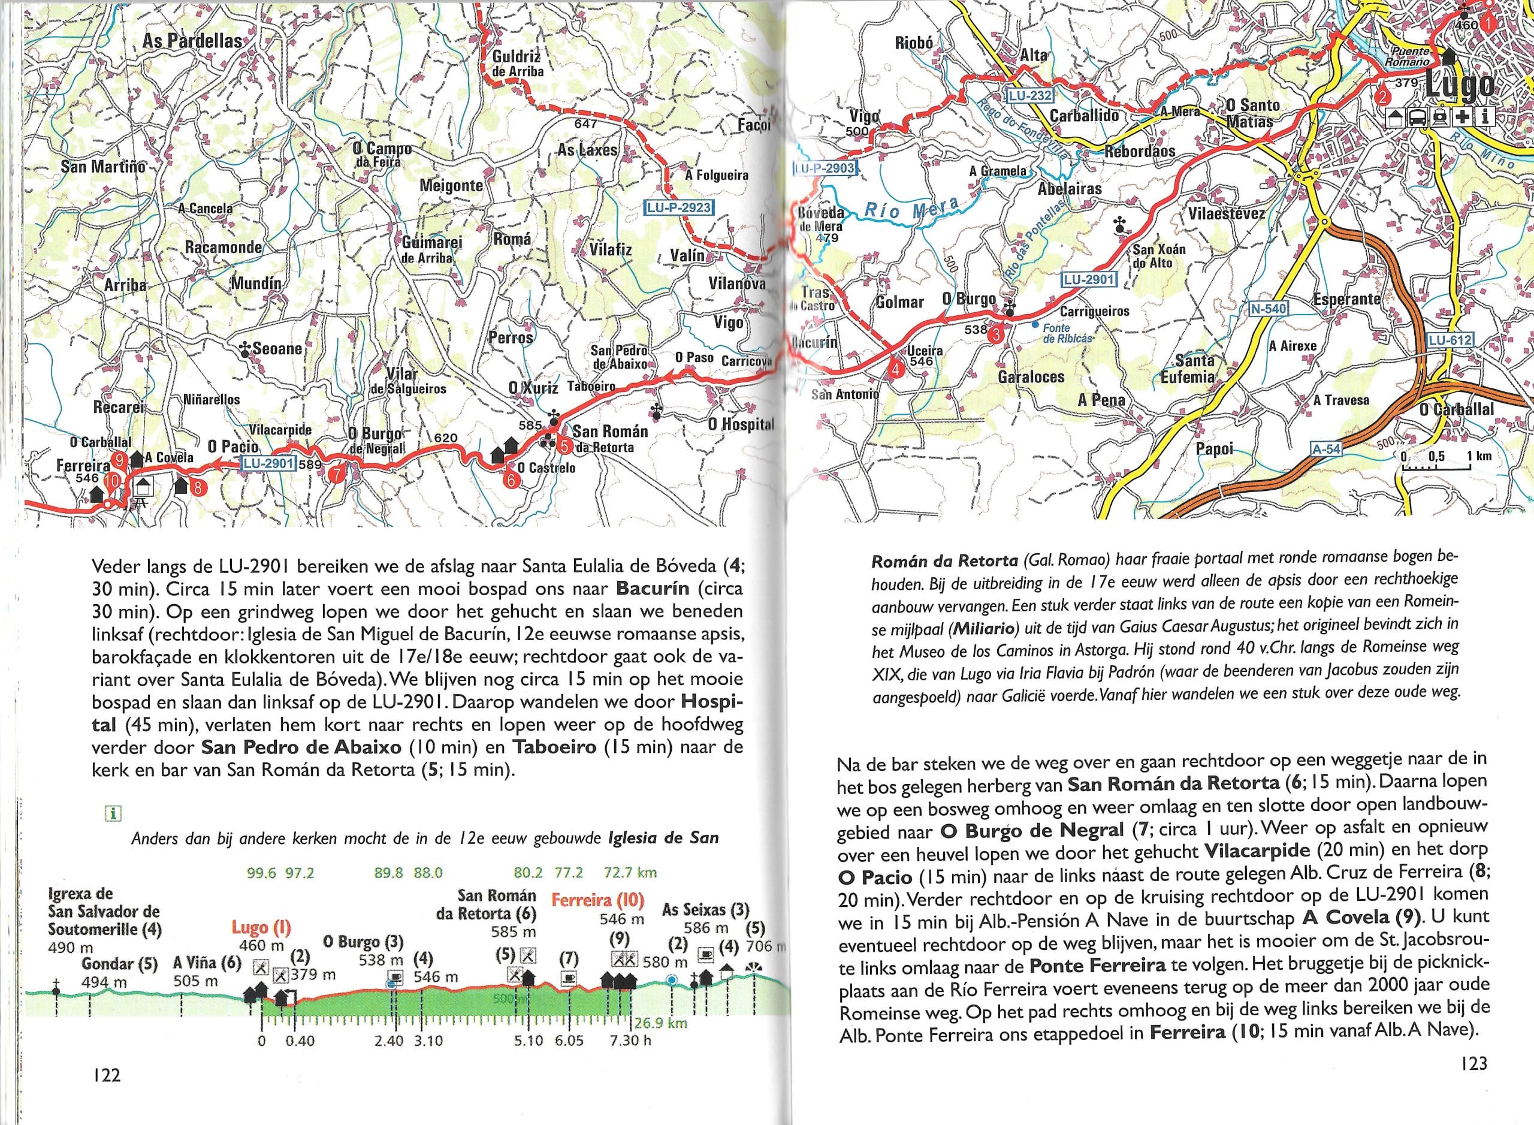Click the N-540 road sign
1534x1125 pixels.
pyautogui.click(x=1270, y=309)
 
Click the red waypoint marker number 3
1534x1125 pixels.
pyautogui.click(x=995, y=334)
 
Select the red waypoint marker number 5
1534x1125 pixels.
pyautogui.click(x=564, y=447)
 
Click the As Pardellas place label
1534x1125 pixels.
pyautogui.click(x=193, y=41)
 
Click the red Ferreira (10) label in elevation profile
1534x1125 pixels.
pyautogui.click(x=597, y=900)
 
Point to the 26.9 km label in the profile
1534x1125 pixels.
pyautogui.click(x=660, y=1023)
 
